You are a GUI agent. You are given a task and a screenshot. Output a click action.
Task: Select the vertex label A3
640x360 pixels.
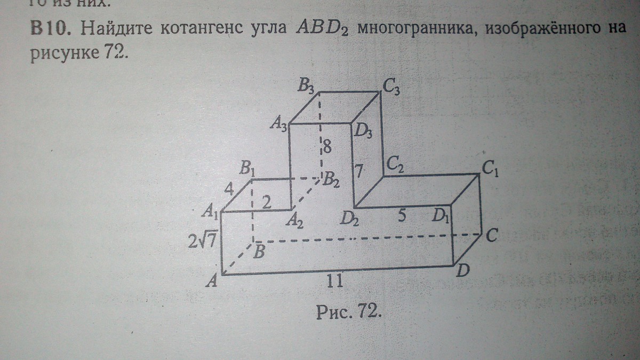279,124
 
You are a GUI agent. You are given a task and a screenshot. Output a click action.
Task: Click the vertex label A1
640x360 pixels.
209,212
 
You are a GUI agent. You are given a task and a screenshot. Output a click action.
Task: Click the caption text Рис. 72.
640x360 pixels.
349,311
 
